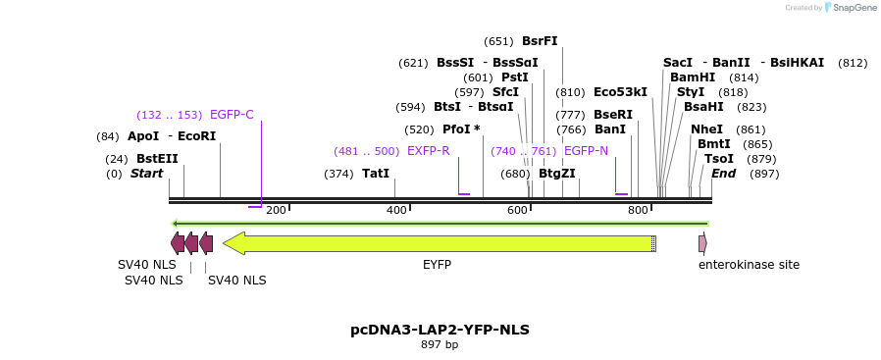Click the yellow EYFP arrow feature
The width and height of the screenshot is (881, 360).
(x=438, y=243)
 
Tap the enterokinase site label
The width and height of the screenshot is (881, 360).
(x=749, y=265)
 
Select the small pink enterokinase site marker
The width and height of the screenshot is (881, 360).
(x=702, y=243)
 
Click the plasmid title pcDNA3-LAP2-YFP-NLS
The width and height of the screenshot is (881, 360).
(x=440, y=330)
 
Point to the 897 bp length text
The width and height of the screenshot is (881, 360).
(x=440, y=345)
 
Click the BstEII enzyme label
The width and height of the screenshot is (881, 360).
(x=157, y=158)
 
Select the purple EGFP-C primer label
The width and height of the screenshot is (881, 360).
(x=232, y=115)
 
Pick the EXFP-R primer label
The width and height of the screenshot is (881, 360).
(x=428, y=151)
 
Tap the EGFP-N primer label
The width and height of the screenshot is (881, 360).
(x=586, y=151)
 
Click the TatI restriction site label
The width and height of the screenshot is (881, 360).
(x=376, y=174)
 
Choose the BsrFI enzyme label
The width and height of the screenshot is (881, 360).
(x=540, y=41)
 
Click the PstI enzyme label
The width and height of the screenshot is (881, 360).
(x=515, y=77)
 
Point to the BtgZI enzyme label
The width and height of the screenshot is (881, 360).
(x=557, y=174)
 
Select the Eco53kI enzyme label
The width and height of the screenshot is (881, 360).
(x=620, y=92)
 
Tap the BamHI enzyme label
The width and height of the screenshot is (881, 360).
(x=693, y=77)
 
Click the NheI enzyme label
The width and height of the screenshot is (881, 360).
(x=706, y=129)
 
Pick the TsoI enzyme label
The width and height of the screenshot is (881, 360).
(x=719, y=159)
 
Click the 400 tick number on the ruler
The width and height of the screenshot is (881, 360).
(x=396, y=210)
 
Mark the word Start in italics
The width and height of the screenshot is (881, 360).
(x=146, y=174)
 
